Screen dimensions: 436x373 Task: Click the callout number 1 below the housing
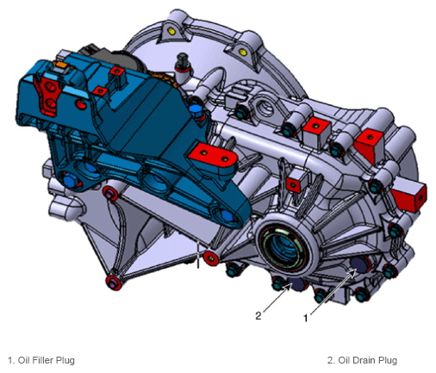pos(306,318)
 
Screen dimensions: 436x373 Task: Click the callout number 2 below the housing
pos(258,316)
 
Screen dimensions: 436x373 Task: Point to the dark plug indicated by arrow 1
pos(359,264)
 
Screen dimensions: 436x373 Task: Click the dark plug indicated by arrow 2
pos(296,284)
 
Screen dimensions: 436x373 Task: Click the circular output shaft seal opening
pos(282,246)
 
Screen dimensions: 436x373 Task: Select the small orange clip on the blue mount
pos(61,64)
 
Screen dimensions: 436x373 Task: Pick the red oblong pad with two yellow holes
pos(214,157)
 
